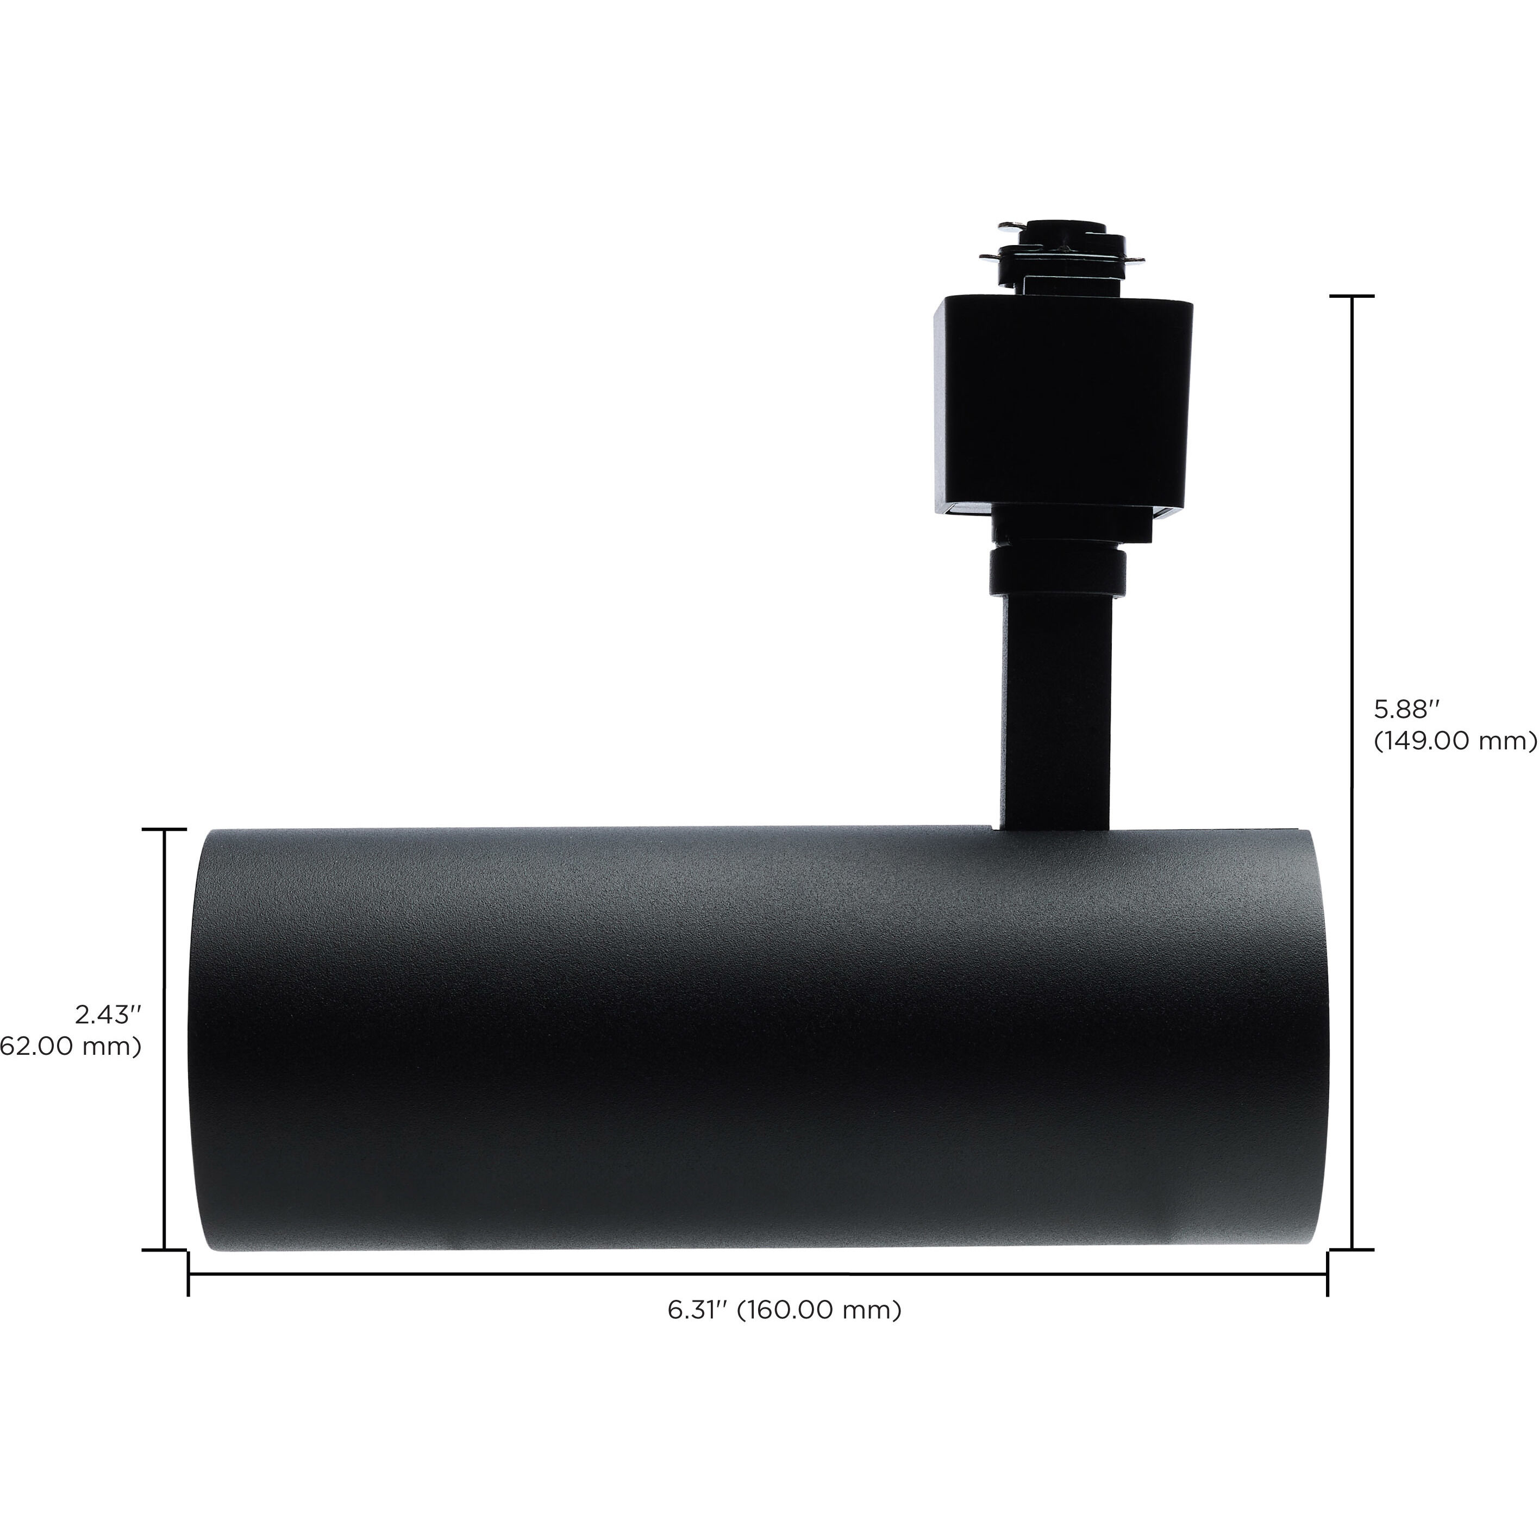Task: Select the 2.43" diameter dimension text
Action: tap(108, 1014)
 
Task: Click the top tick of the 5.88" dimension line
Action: tap(1352, 296)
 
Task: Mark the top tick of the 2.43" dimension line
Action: tap(164, 830)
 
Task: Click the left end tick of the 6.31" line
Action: tap(189, 1273)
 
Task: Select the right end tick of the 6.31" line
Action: tap(1327, 1273)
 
